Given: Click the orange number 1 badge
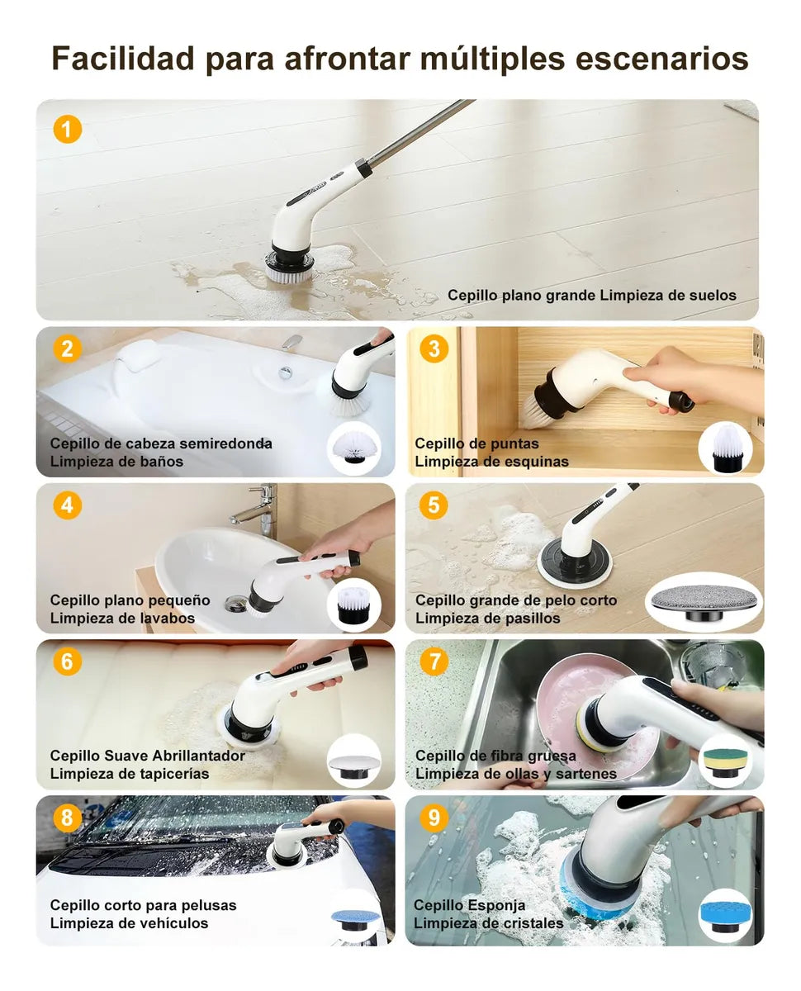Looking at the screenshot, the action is click(68, 130).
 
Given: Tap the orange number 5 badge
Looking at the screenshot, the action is click(434, 505).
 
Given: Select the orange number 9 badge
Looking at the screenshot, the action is click(434, 818).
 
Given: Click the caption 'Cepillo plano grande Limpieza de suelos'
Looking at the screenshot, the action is click(592, 295).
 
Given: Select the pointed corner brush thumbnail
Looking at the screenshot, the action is click(726, 448).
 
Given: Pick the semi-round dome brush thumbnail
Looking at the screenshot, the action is click(354, 447).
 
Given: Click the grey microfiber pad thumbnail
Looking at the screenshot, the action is click(704, 604).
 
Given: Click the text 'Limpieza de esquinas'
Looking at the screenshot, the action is click(491, 462).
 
